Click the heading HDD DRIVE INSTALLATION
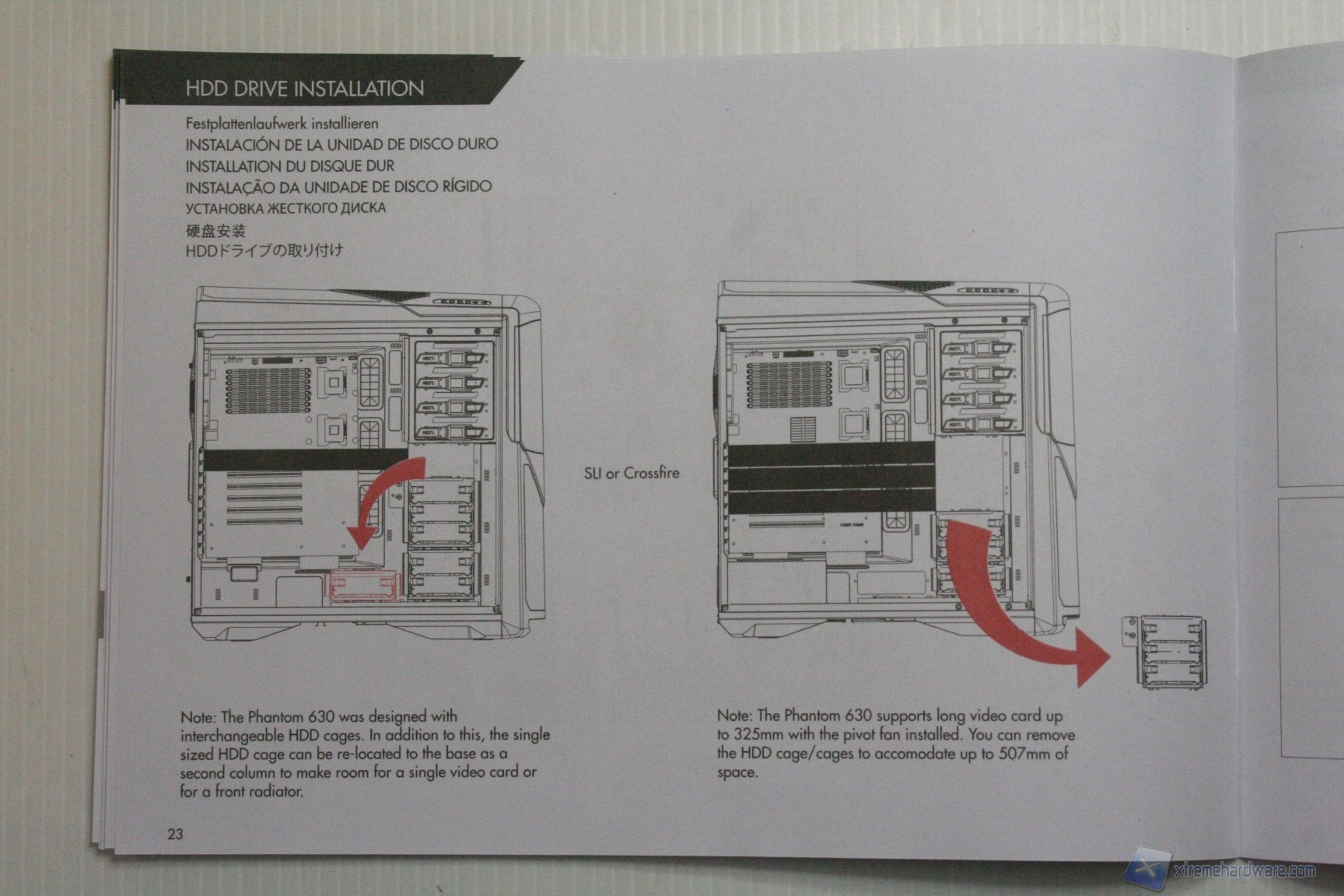pos(304,88)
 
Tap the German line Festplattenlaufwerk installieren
pos(282,124)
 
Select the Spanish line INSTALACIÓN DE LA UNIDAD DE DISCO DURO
pos(341,144)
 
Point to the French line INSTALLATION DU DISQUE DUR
pos(289,166)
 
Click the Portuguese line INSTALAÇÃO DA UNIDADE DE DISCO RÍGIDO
pos(338,187)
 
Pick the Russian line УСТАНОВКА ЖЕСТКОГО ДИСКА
pos(285,208)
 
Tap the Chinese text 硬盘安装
pos(215,230)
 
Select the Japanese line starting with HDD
pos(264,250)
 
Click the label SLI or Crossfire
pos(631,473)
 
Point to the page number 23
pos(175,834)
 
